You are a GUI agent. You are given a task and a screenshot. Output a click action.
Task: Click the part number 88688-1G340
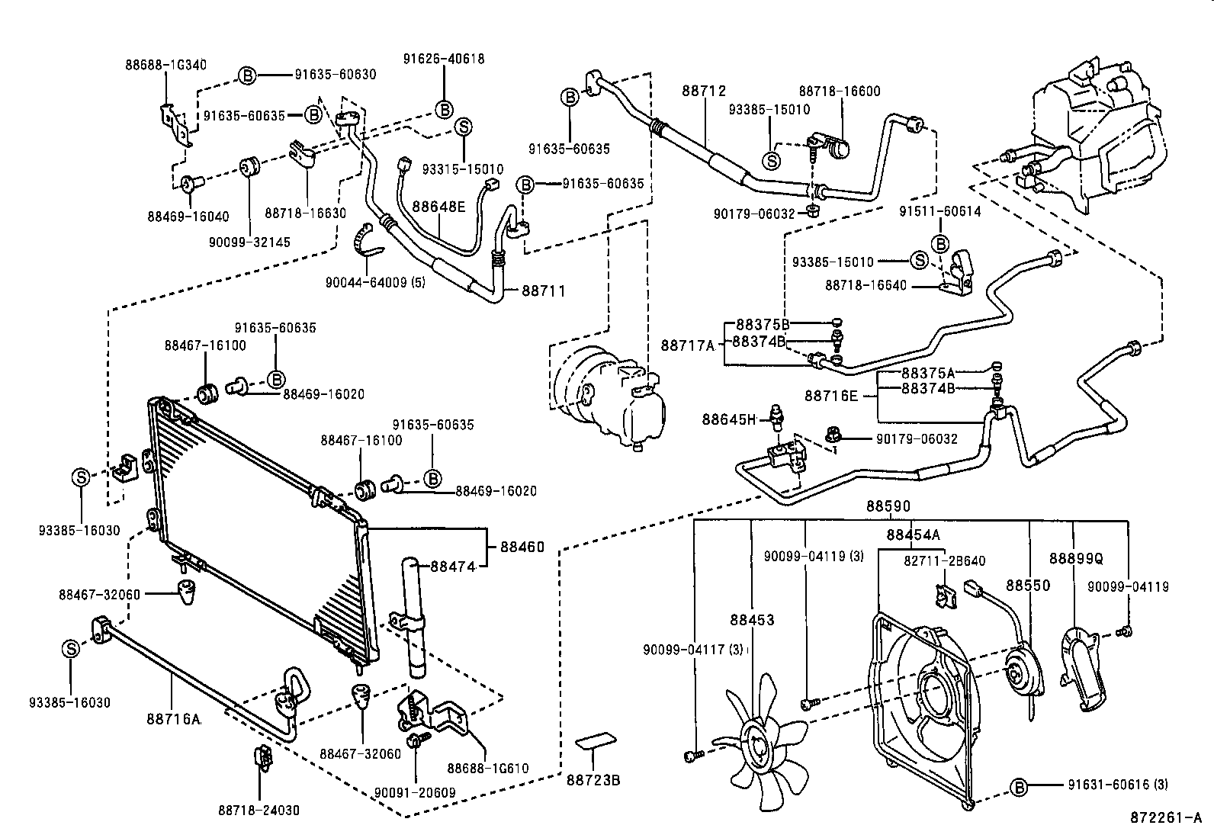point(165,65)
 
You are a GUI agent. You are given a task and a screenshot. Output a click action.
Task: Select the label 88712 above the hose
point(703,91)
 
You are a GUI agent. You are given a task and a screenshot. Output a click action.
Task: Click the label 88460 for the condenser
point(522,547)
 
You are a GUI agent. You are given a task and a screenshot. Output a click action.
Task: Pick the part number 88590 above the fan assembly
point(888,506)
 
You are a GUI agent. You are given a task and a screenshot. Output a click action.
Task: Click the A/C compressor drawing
point(609,397)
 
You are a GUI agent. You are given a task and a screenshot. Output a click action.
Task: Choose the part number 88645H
point(728,419)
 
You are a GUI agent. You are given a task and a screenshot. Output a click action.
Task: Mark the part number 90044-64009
point(374,283)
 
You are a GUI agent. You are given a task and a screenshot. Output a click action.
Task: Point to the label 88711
point(544,291)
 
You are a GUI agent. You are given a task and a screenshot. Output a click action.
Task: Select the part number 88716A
point(173,718)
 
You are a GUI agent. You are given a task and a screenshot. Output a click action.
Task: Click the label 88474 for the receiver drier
point(453,567)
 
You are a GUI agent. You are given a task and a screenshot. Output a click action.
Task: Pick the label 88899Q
point(1076,558)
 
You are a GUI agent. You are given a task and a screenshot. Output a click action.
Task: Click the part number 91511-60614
point(939,212)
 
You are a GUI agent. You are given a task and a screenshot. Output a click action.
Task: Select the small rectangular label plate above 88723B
point(595,742)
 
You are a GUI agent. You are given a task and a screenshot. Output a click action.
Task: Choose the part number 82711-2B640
point(945,561)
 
